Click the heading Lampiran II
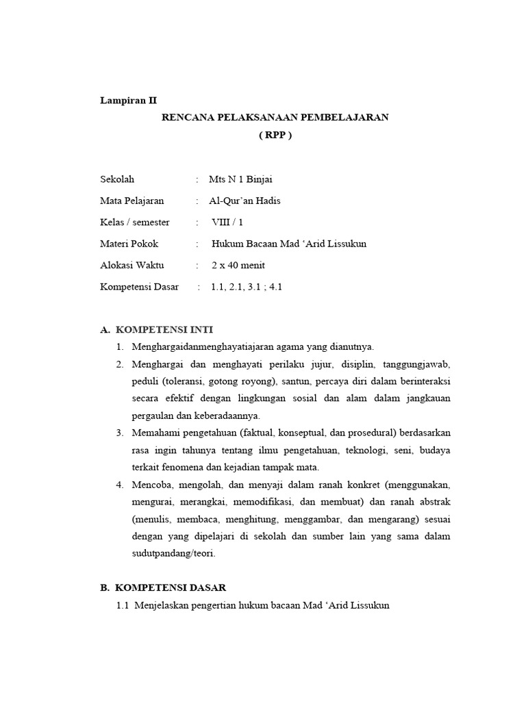[128, 100]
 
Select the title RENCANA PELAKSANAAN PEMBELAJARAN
[275, 117]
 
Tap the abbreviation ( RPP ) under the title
[275, 135]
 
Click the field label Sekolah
[117, 179]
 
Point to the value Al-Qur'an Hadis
[245, 201]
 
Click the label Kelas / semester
[134, 222]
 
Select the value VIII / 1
[227, 222]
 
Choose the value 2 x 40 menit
[238, 265]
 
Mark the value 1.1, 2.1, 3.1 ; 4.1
[247, 287]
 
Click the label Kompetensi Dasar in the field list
[139, 287]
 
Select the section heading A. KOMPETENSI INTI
[161, 329]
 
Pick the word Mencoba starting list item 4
[152, 485]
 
